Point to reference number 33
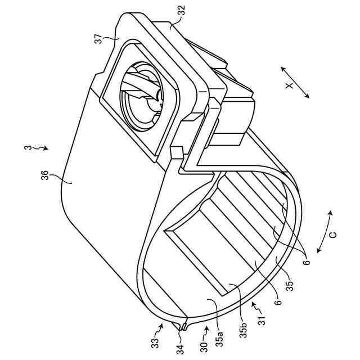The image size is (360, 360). (x=157, y=341)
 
